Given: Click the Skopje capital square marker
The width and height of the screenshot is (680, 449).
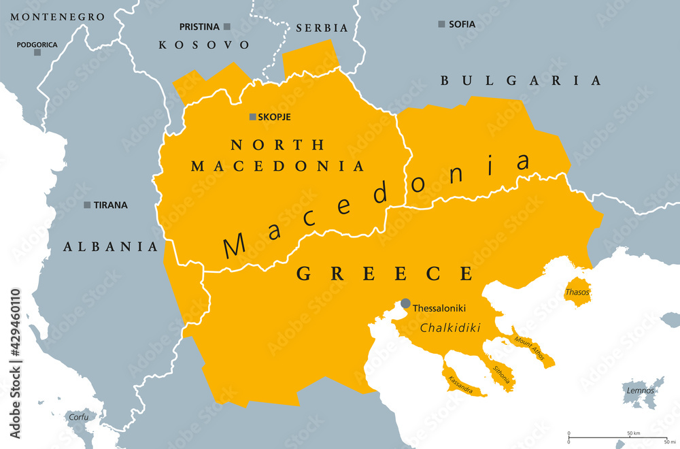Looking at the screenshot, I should [253, 117].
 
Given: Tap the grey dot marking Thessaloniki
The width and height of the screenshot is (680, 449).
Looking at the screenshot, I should [406, 303].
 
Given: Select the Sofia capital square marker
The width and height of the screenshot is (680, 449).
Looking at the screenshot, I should [441, 24].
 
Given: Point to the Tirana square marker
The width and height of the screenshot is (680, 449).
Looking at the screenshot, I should [87, 205].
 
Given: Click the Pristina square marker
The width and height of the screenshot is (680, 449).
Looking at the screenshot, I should [227, 27].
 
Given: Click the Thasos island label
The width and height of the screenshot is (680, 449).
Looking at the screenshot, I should [577, 292].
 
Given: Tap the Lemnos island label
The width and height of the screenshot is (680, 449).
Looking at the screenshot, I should [641, 390].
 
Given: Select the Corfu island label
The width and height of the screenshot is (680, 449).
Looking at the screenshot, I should [78, 417].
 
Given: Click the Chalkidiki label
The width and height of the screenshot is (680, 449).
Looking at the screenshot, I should [451, 328].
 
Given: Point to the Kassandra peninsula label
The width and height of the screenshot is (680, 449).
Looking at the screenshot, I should [462, 383].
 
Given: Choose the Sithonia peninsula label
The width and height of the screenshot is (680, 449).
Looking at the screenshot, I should [500, 373].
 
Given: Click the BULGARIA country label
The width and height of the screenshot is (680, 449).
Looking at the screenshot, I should [521, 80].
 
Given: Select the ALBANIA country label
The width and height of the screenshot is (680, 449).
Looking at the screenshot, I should [111, 246].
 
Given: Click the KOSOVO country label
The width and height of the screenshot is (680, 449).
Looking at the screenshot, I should [204, 45].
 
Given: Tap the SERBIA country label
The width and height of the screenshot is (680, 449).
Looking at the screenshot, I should [322, 29].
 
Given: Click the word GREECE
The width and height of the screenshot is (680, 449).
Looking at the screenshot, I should [384, 274].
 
